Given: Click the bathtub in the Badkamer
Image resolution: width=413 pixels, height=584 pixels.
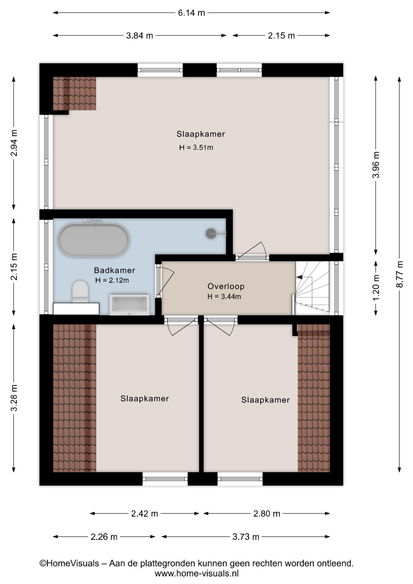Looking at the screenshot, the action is coord(94,240).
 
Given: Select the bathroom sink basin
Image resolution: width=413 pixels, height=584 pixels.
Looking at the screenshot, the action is coord(130,304).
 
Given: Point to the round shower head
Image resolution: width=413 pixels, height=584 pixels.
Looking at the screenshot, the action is coord(211,233).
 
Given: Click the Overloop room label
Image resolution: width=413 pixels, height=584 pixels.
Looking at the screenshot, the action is coord(226,286).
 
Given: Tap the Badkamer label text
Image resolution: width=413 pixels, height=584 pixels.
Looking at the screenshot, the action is coord(114,270).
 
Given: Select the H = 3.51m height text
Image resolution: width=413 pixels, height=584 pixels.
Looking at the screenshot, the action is coord(196,148).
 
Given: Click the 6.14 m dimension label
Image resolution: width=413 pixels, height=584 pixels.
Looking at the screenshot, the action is coord(191,13).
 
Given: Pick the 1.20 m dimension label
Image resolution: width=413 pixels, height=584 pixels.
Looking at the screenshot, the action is coord(376,287).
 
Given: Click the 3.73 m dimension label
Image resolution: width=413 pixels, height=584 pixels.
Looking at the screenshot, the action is coord(246,537).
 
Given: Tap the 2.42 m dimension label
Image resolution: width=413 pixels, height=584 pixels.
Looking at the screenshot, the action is coord(144,514).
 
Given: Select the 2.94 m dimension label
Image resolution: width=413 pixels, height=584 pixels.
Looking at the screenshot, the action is coord(14,143).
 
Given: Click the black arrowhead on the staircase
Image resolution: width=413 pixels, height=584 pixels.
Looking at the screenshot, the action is coord(300,277).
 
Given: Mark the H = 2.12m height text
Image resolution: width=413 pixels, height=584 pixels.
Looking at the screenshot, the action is coord(112,280).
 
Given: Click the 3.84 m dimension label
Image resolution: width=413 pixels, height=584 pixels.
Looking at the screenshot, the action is coord(140,36).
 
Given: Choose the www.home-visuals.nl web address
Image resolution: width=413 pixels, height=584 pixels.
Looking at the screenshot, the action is coord(197,574).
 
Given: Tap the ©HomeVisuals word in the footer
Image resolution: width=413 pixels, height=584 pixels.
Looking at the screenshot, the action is coord(69,563).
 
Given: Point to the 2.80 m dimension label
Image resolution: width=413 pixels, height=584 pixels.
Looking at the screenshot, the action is coord(267,514).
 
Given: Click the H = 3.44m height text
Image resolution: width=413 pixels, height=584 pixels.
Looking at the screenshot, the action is coord(224,297).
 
